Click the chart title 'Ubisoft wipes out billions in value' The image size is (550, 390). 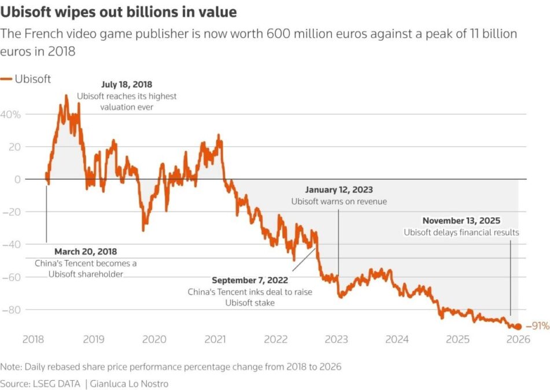pyautogui.click(x=119, y=12)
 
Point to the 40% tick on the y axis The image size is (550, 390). pyautogui.click(x=12, y=114)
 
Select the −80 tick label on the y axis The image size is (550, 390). pyautogui.click(x=12, y=310)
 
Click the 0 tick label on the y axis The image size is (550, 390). pyautogui.click(x=18, y=180)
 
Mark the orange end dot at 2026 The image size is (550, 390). pyautogui.click(x=518, y=326)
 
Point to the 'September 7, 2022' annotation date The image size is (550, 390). pyautogui.click(x=249, y=281)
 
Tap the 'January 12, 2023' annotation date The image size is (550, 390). pyautogui.click(x=338, y=190)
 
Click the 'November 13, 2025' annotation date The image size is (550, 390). pyautogui.click(x=461, y=221)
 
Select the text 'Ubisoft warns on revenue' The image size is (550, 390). pyautogui.click(x=338, y=201)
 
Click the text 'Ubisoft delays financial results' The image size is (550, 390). pyautogui.click(x=461, y=233)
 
